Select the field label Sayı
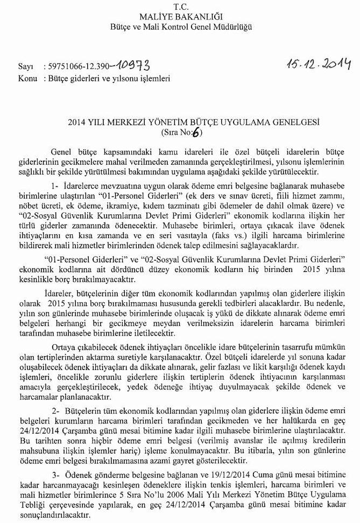point(25,68)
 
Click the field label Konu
point(26,78)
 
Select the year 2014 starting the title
point(77,122)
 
